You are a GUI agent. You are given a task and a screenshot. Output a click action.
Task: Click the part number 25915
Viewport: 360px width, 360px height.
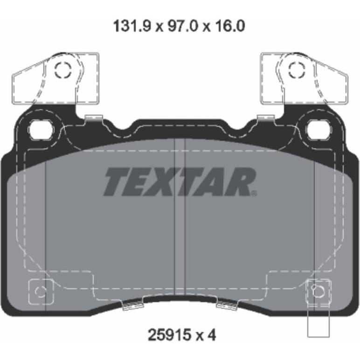click(170, 335)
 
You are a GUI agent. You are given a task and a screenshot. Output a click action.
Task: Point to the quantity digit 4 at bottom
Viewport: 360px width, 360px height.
click(212, 335)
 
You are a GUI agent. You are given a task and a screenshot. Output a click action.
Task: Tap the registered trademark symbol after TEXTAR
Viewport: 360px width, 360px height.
click(254, 194)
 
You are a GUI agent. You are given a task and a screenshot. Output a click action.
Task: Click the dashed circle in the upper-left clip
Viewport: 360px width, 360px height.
click(63, 69)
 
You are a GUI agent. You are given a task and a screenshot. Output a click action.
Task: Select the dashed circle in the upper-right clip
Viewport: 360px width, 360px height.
click(297, 69)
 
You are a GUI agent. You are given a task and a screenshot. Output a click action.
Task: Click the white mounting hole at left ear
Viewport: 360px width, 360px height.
click(42, 130)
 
